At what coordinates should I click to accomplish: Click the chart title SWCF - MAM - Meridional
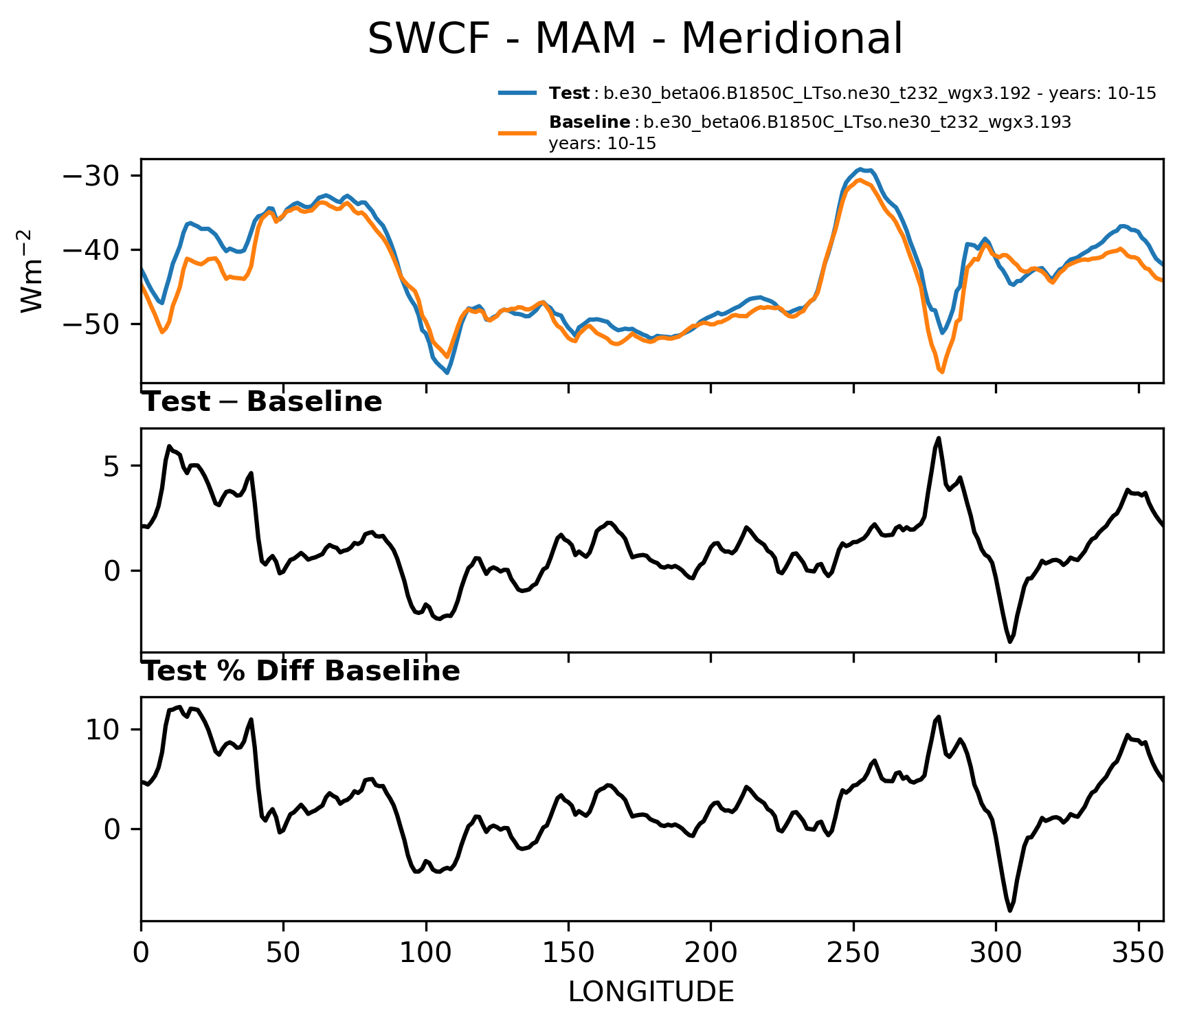tap(635, 38)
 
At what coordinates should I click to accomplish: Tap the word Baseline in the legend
tap(590, 122)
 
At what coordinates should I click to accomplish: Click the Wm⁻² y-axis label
tap(32, 271)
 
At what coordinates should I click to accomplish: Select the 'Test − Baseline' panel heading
tap(262, 402)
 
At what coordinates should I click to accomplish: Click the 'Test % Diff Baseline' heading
tap(300, 671)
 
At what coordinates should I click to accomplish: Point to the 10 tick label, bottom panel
tap(104, 730)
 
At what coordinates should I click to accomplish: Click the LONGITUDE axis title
tap(651, 992)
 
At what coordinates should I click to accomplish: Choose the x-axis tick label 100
tap(426, 953)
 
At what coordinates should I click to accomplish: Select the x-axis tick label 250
tap(853, 953)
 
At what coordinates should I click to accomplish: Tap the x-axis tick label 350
tap(1139, 953)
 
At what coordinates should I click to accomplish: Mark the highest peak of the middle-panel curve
tap(938, 438)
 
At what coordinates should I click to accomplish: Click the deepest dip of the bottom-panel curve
tap(1010, 911)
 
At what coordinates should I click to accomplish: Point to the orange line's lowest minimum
tap(941, 372)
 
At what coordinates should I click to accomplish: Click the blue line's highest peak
tap(860, 169)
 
